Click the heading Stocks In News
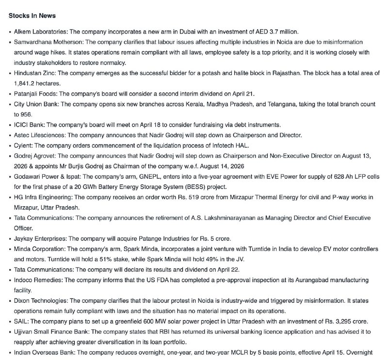[32, 16]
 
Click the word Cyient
[23, 146]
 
